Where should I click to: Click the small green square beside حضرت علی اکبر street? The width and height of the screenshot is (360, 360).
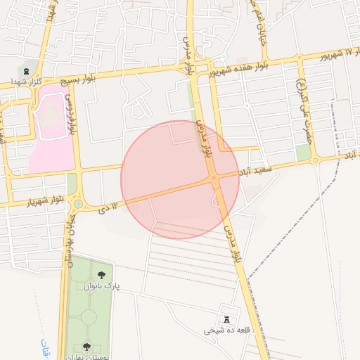point(303,153)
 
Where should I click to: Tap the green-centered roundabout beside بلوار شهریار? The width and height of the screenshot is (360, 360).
point(77,204)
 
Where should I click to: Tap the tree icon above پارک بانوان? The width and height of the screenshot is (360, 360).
point(102,275)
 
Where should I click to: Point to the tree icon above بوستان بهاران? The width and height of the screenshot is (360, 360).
point(86,345)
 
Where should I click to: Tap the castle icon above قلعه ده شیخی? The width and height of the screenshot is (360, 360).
point(226,319)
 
